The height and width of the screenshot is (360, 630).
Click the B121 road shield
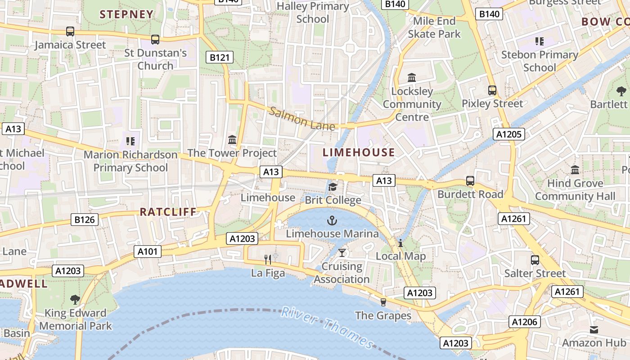[x=220, y=57]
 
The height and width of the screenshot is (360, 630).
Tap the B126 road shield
[x=85, y=220]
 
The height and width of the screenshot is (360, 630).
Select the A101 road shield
[x=148, y=252]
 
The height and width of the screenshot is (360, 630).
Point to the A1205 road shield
[x=509, y=134]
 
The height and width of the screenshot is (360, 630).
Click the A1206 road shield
[x=525, y=322]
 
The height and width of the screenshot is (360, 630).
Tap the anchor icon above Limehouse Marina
[x=332, y=220]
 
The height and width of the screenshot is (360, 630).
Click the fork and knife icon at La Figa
[x=268, y=259]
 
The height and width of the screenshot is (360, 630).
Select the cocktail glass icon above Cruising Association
[x=342, y=252]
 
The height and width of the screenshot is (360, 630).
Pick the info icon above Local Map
[x=400, y=243]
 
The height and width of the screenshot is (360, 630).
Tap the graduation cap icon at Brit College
[x=333, y=187]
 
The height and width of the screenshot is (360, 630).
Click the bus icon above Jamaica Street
[x=70, y=31]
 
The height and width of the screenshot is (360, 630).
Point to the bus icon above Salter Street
[x=535, y=260]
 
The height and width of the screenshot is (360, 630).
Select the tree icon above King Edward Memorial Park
[x=75, y=299]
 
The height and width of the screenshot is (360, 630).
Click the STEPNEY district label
[x=126, y=14]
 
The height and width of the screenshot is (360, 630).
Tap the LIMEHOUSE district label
[x=359, y=153]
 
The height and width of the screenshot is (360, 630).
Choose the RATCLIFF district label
[x=168, y=212]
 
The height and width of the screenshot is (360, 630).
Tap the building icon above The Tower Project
[x=232, y=140]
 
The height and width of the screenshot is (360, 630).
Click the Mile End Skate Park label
[x=434, y=27]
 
